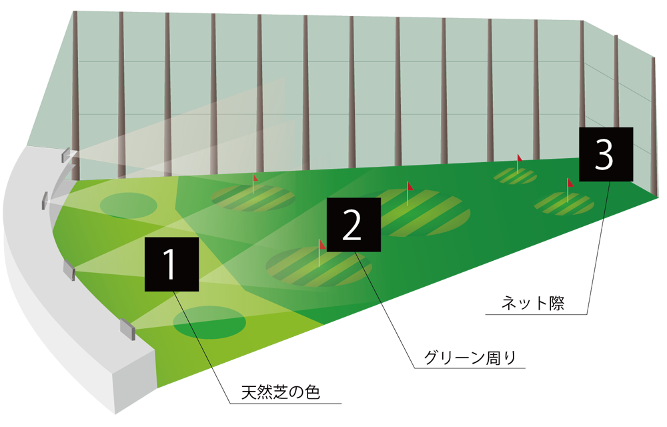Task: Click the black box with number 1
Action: point(171,264)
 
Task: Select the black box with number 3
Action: point(605,154)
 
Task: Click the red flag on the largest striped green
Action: point(410,187)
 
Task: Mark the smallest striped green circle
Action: point(515,176)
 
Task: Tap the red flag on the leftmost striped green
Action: point(255,178)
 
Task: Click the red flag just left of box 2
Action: point(322,244)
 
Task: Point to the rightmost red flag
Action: point(570,182)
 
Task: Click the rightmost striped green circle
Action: point(565,203)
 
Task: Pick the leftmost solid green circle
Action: point(128,205)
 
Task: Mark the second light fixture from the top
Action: point(45,199)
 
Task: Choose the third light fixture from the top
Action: point(69,270)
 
